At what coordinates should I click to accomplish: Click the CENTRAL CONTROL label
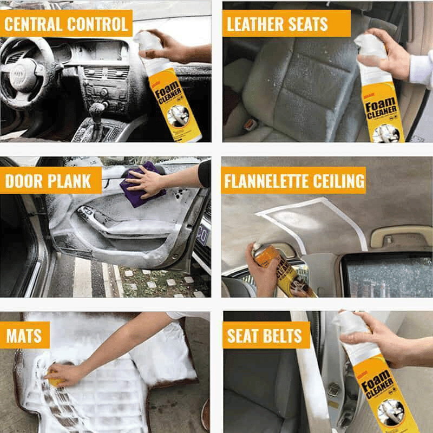coord(66,24)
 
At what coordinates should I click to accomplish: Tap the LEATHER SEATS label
coord(277,24)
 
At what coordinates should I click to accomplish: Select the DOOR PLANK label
coord(49,181)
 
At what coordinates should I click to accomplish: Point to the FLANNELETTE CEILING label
coord(294,181)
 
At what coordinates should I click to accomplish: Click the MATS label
coord(24,336)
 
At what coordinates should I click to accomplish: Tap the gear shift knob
coord(96,111)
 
